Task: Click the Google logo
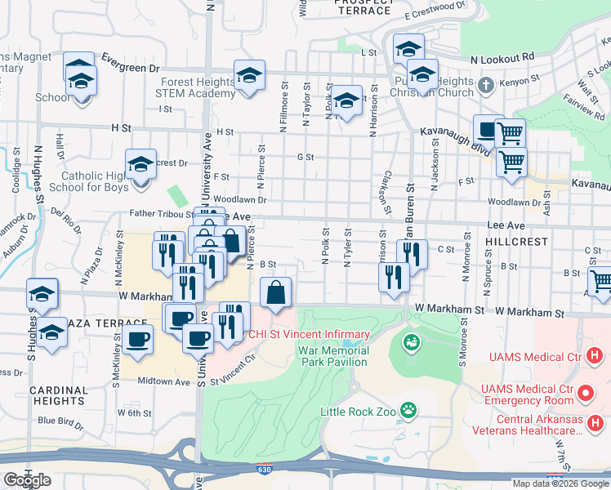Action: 27,480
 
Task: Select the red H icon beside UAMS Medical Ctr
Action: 595,357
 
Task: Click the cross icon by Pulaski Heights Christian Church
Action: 484,84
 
